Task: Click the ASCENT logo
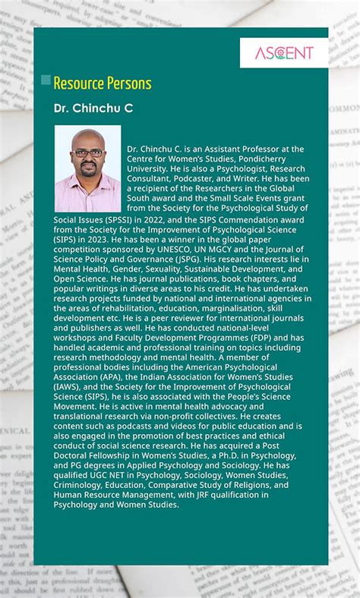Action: tap(283, 53)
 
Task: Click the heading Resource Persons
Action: tap(103, 83)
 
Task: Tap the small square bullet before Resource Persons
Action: tap(46, 80)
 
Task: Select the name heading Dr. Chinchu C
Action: tap(93, 109)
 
